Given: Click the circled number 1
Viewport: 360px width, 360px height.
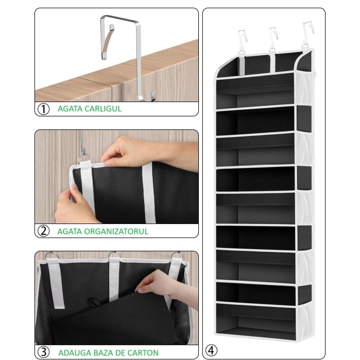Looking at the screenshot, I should (44, 109).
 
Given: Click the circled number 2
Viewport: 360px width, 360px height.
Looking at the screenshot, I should (44, 231).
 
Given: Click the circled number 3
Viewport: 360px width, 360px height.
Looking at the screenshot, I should (44, 353).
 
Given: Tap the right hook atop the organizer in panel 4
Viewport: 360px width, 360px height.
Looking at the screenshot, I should (308, 33).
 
